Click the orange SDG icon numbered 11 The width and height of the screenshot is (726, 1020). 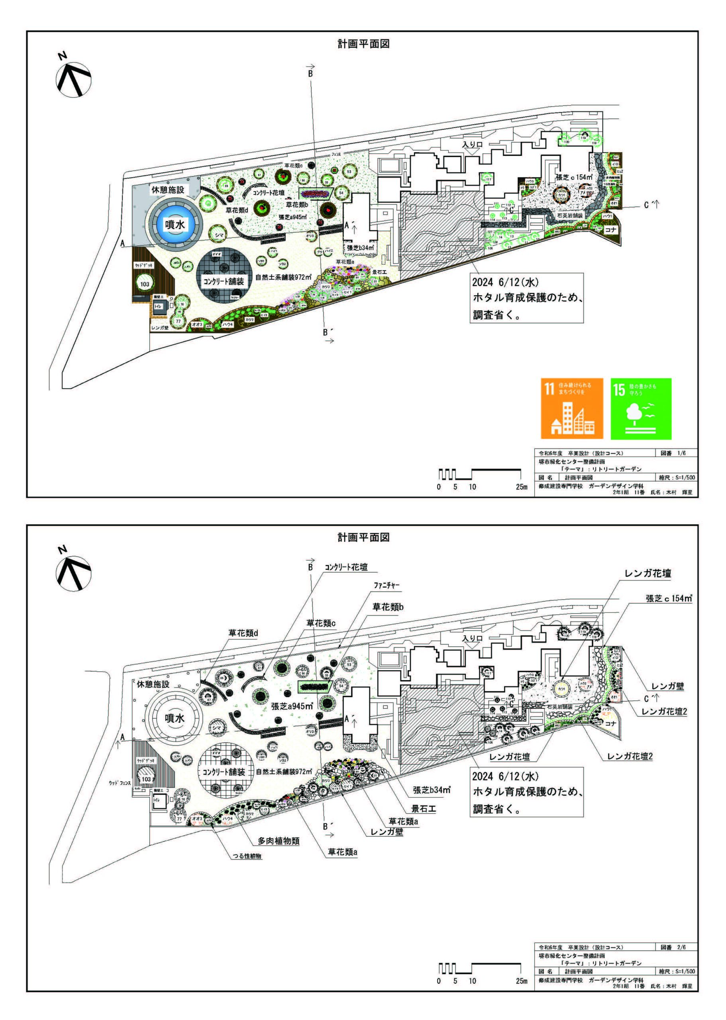point(571,408)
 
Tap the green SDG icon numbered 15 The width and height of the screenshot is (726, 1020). point(641,408)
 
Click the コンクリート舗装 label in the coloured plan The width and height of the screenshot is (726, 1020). point(224,281)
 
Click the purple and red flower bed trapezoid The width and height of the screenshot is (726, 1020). point(314,194)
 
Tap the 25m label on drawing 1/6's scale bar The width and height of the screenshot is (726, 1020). point(521,487)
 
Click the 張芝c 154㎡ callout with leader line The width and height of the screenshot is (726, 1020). point(668,598)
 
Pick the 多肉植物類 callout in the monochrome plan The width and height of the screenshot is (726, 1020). point(278,841)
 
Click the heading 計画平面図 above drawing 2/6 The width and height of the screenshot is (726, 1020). point(363,537)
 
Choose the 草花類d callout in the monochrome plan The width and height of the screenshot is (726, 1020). point(243,633)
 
